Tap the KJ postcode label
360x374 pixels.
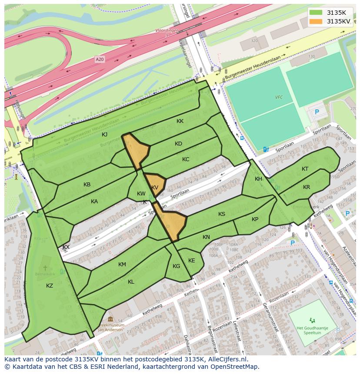[x=105, y=135]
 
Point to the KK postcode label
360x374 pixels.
[x=180, y=122]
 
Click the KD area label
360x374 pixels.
[x=178, y=144]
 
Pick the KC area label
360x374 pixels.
[x=186, y=159]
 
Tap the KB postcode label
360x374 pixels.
[x=87, y=185]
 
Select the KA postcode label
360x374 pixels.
[x=94, y=202]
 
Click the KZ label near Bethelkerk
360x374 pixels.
[x=50, y=285]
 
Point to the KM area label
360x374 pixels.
[x=122, y=265]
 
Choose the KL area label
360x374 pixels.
[x=131, y=282]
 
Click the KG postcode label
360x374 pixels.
[x=176, y=266]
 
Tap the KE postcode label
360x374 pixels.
[x=191, y=261]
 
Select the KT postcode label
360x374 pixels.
[x=305, y=169]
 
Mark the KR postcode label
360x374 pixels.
[x=307, y=187]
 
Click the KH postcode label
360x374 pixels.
[x=259, y=179]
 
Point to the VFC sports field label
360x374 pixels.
[x=279, y=97]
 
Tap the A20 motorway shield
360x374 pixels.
[x=100, y=59]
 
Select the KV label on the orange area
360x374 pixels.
[x=155, y=188]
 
